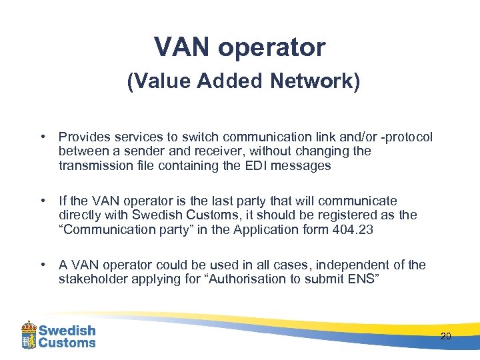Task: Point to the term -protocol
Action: [x=403, y=137]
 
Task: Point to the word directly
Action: [x=83, y=215]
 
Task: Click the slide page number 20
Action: [x=446, y=336]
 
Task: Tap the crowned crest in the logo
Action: [x=29, y=335]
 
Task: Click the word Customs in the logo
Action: [x=67, y=343]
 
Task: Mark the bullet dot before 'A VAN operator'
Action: [x=43, y=265]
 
